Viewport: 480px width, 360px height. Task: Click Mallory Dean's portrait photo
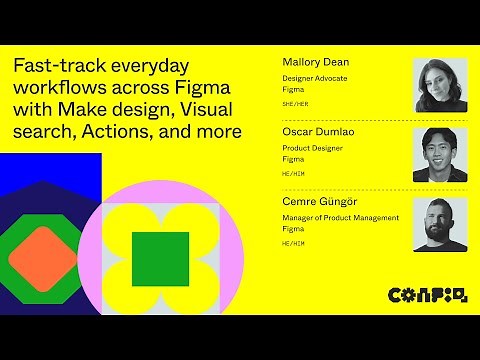point(440,85)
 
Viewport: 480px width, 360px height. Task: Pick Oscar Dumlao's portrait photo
point(440,154)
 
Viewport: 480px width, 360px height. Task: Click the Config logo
point(426,294)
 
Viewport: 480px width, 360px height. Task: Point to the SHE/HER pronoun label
point(294,103)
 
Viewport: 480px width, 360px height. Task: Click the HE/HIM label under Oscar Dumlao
point(292,173)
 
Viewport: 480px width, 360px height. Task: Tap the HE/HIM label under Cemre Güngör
point(292,243)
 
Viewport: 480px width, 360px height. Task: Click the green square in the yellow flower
point(160,258)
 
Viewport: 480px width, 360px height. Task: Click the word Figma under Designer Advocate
point(293,89)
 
